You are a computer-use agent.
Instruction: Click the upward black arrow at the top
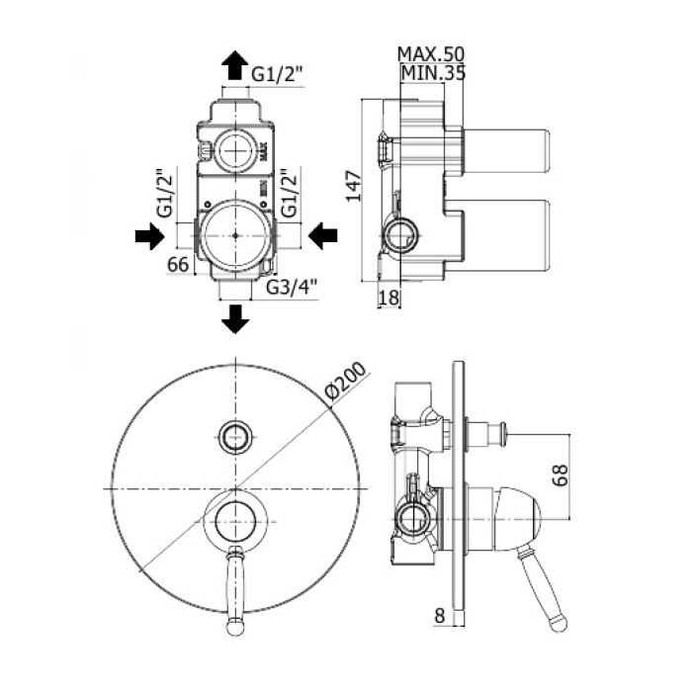pos(235,65)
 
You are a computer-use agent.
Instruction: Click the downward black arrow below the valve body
pos(235,319)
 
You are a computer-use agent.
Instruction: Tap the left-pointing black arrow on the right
pos(323,235)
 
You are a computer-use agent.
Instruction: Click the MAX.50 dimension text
pos(431,53)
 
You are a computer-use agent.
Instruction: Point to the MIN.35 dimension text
pos(433,71)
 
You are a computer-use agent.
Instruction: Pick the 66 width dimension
pos(178,264)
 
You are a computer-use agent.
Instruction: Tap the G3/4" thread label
pos(292,288)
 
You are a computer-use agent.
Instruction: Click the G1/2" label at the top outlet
pos(276,72)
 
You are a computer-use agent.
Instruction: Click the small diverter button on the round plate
pos(235,433)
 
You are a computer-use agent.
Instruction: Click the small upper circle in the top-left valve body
pos(235,150)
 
